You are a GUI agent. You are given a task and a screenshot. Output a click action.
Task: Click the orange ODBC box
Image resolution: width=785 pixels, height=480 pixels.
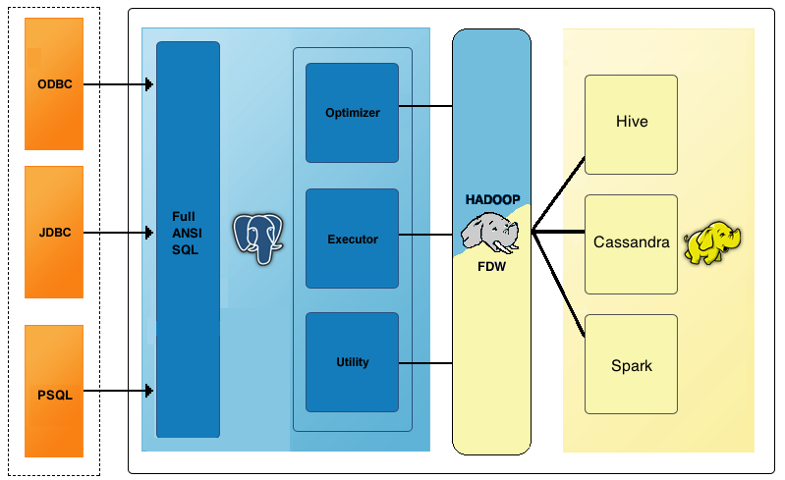pos(54,84)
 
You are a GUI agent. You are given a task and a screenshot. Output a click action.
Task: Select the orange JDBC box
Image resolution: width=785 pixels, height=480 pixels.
pos(54,233)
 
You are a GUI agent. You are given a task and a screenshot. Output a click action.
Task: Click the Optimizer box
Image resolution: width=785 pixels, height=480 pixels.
pos(352,113)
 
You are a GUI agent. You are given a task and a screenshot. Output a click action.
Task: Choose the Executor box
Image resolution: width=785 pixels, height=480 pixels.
pos(352,239)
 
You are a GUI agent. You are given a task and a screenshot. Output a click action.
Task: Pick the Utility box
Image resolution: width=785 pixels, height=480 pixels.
pos(352,362)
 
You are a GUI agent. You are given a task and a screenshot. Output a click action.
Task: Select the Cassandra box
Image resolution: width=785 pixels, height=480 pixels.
pos(631,242)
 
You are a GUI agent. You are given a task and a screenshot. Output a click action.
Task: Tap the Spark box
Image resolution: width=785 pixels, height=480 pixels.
pos(631,365)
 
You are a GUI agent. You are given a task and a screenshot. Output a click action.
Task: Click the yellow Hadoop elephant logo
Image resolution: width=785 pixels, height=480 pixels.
pos(713,243)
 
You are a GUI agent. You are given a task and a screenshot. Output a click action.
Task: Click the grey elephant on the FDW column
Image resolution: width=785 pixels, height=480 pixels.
pos(489,236)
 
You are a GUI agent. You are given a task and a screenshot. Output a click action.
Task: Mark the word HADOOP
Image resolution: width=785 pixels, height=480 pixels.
pos(492,199)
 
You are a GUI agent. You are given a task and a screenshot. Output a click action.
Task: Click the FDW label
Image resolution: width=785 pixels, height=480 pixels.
pos(491,266)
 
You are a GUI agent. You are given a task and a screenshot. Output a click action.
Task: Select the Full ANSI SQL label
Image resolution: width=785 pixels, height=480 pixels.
pos(185,233)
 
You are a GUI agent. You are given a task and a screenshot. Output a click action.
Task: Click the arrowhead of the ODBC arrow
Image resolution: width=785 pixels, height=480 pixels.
pos(148,84)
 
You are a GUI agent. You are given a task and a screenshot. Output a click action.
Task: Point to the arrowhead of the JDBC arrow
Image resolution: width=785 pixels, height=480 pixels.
pos(148,233)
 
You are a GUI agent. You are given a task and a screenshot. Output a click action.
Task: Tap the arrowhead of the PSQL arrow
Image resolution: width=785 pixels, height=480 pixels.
pos(148,391)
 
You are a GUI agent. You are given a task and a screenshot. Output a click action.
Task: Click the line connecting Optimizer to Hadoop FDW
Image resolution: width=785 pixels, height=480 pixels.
pos(424,105)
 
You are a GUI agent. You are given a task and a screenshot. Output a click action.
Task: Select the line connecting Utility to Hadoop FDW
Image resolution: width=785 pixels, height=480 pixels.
pos(424,363)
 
